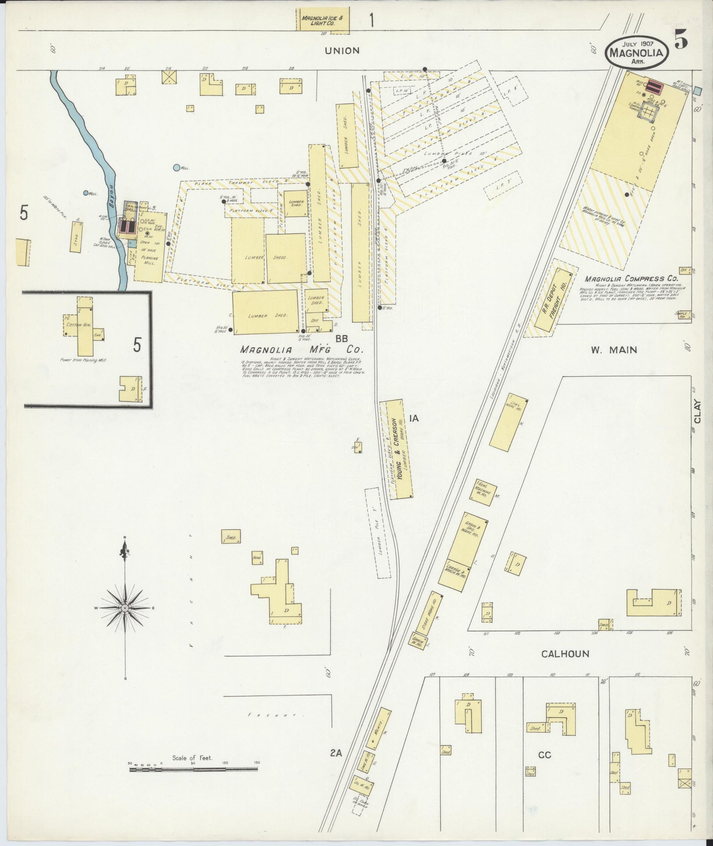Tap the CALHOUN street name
[x=565, y=654]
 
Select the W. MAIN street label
[x=614, y=350]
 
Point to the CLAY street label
[x=697, y=415]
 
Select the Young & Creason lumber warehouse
[x=400, y=449]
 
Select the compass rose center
[x=125, y=608]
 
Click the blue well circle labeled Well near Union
[x=176, y=168]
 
